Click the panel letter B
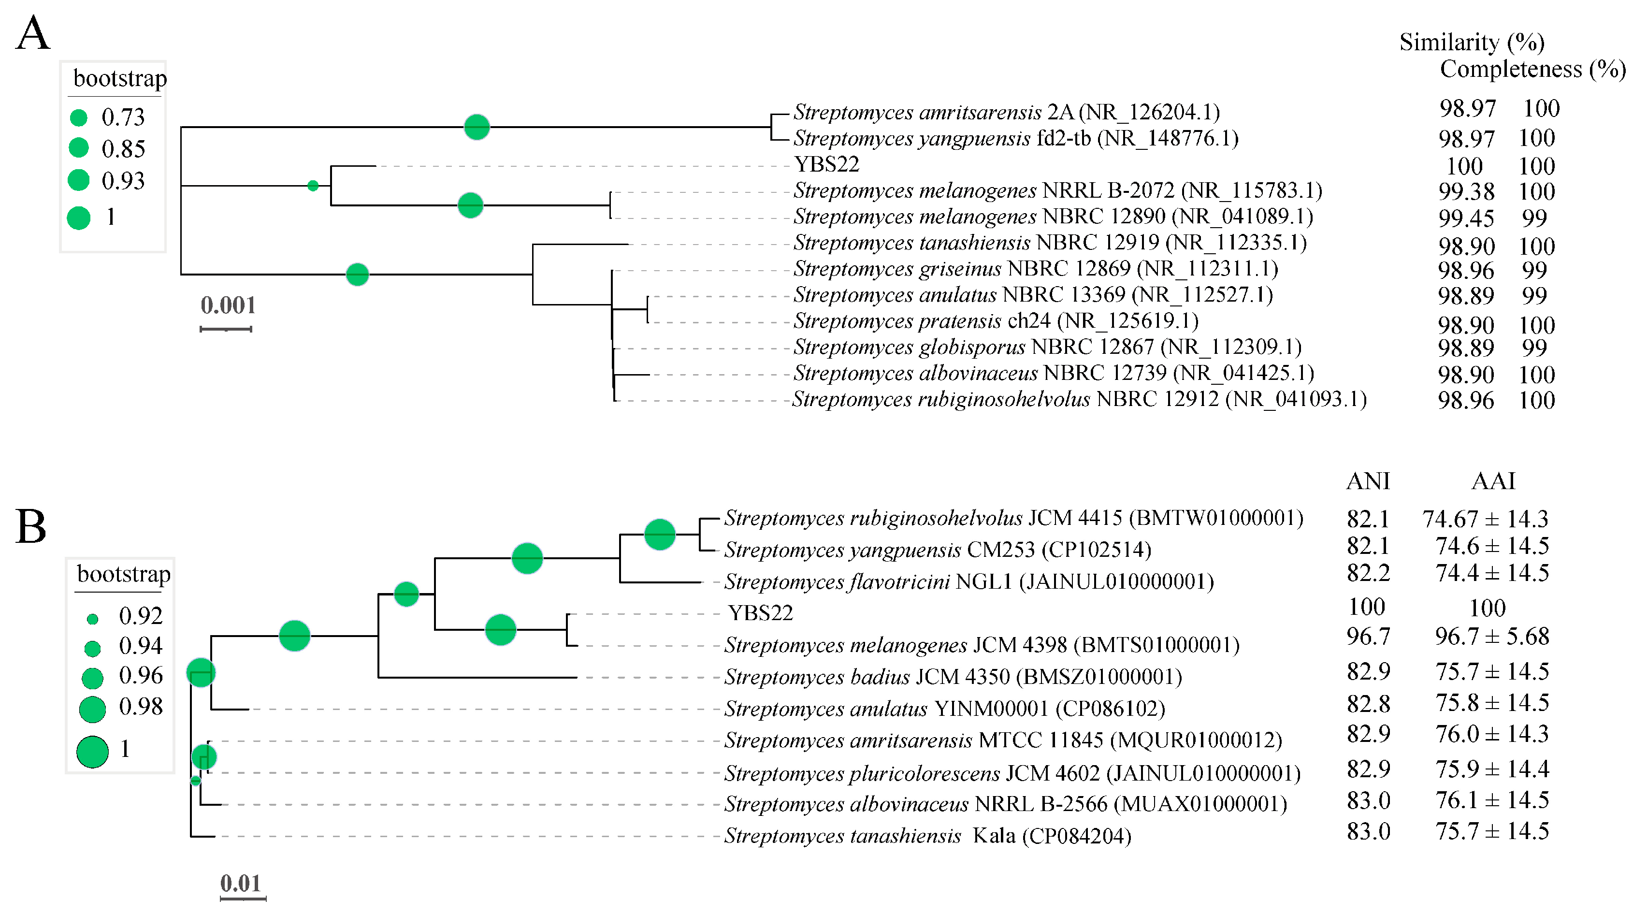31,526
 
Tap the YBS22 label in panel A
826,164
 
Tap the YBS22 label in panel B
760,613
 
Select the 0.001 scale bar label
228,305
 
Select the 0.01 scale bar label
240,883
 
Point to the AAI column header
1493,481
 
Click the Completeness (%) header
1532,69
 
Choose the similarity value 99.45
1466,218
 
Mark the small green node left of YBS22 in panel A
313,186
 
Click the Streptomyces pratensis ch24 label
995,321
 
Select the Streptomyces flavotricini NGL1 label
968,581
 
